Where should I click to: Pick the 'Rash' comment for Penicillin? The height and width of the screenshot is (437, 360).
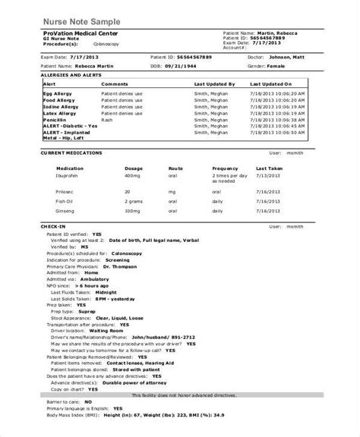coord(107,118)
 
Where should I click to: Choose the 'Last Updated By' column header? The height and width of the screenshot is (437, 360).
coord(213,83)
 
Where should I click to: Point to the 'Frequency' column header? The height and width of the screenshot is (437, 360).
coord(226,168)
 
